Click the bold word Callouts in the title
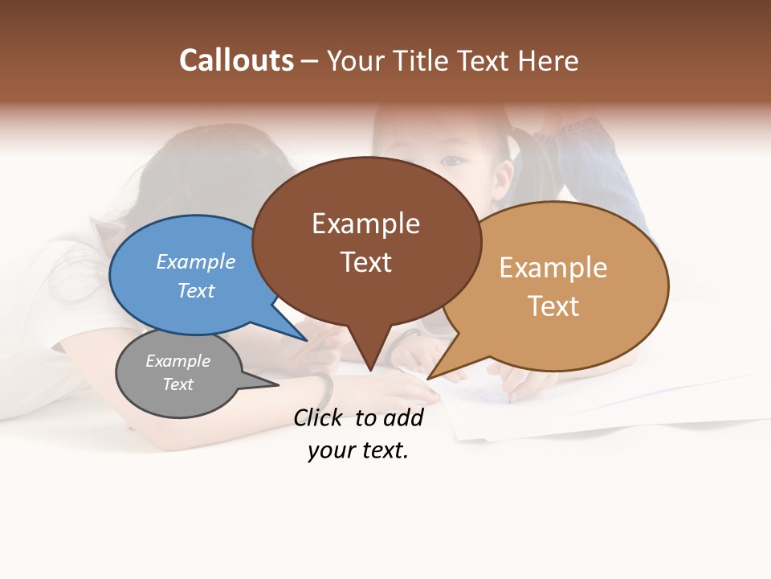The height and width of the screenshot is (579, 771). (x=236, y=61)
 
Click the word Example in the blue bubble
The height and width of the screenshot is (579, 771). (x=196, y=261)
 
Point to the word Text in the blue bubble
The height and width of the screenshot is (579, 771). (x=196, y=290)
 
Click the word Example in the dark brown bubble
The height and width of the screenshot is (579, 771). (x=365, y=224)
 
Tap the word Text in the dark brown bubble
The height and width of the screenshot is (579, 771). (x=365, y=262)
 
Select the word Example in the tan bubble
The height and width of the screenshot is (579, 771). (x=553, y=267)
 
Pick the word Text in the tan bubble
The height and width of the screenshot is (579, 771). (x=553, y=306)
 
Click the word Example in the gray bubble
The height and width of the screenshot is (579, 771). (x=177, y=361)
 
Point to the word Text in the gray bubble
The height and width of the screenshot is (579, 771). (x=177, y=384)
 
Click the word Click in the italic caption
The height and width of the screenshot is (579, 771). (x=320, y=417)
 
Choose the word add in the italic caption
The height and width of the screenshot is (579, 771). (x=403, y=417)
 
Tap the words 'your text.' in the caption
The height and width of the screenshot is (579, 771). (x=358, y=450)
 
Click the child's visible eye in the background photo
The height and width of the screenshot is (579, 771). (x=454, y=161)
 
